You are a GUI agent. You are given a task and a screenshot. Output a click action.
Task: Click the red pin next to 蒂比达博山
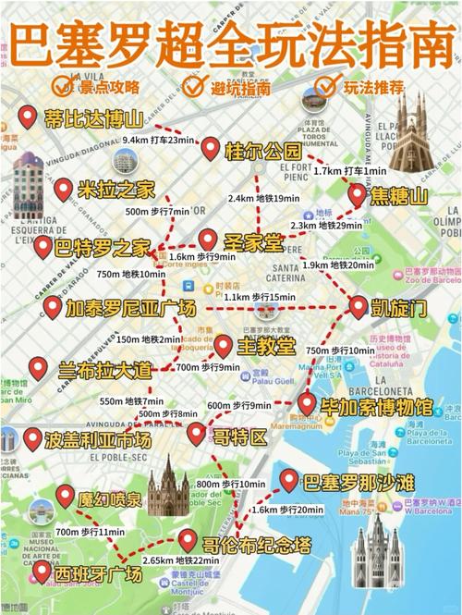[26, 117]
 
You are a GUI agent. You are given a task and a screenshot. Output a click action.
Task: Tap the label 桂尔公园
[262, 150]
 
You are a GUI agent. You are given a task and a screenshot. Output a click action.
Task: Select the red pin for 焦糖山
[358, 194]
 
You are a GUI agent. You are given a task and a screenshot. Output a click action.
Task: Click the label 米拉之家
[115, 191]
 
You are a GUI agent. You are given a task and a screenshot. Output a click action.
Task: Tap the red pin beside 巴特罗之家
[43, 246]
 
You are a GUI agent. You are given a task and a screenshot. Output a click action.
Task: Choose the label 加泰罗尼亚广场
[130, 308]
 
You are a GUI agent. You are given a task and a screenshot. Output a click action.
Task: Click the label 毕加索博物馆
[376, 406]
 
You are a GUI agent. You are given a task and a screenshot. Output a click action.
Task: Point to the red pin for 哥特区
[196, 433]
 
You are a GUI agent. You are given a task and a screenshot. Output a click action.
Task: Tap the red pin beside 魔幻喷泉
[65, 496]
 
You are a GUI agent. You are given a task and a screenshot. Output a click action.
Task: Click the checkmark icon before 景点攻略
[63, 86]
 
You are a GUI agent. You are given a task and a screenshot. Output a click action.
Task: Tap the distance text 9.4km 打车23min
[159, 140]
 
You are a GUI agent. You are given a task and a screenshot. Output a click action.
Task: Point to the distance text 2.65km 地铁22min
[181, 560]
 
